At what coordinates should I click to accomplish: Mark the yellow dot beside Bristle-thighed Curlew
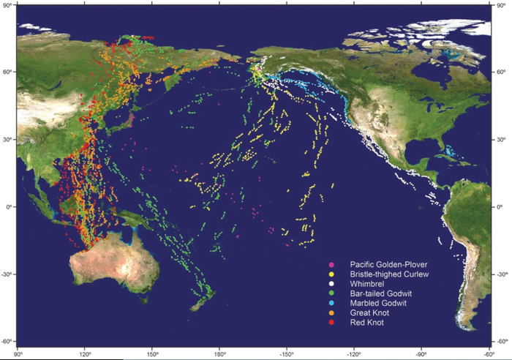click(332, 274)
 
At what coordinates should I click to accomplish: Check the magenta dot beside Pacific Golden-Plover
click(332, 263)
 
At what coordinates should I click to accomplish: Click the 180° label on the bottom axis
click(219, 352)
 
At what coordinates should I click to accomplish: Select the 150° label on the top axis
click(151, 7)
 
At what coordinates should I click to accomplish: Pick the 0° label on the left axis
click(10, 207)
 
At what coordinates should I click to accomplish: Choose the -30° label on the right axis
click(502, 274)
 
